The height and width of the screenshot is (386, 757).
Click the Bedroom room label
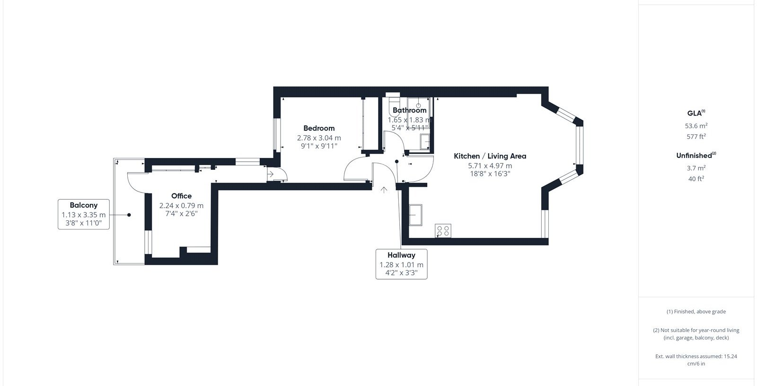319,128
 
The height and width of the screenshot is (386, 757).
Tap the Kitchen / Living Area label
490,156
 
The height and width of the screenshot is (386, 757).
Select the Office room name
182,196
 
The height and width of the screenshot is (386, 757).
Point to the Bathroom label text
409,110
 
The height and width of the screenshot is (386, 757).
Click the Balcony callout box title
83,205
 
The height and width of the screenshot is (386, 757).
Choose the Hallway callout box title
402,255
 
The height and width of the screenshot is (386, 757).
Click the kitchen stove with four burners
443,231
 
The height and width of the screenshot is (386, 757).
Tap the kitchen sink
416,215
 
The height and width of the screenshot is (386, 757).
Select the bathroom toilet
394,106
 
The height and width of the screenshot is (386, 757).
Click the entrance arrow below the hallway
384,190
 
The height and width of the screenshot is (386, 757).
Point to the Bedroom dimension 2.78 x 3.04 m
319,138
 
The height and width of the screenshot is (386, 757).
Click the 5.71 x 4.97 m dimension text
490,166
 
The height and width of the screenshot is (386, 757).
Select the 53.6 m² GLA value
696,126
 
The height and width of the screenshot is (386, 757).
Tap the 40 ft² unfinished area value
696,178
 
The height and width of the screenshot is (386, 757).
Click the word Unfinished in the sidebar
694,156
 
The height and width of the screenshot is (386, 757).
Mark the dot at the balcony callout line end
129,215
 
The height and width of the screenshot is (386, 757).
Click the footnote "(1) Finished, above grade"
696,312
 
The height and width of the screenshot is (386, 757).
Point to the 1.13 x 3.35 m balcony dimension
83,215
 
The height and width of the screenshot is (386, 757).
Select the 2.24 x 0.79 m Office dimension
182,205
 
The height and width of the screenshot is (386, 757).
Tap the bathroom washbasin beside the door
425,141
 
